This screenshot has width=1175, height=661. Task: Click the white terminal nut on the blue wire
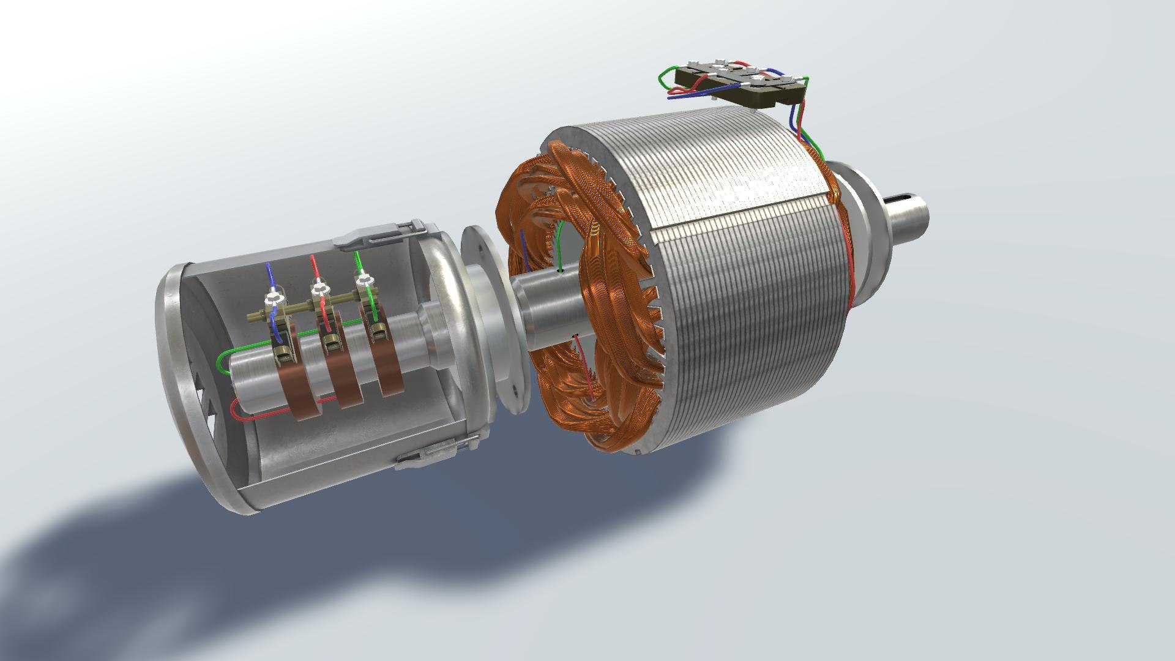point(272,300)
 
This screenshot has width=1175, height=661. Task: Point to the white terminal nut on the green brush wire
point(365,280)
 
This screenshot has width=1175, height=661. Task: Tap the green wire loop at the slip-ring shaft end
point(222,362)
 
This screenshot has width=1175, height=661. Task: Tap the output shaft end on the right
point(921,214)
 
